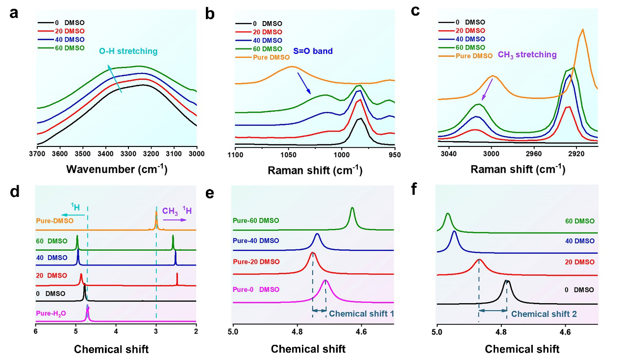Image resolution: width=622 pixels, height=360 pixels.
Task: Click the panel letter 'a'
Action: [x=14, y=13]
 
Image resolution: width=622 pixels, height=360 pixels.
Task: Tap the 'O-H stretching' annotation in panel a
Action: [x=128, y=51]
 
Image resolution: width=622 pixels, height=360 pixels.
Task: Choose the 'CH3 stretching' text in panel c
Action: [x=527, y=55]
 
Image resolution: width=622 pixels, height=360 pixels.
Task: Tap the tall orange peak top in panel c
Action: [x=582, y=29]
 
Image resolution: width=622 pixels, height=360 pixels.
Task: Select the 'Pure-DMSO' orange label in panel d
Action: [x=54, y=220]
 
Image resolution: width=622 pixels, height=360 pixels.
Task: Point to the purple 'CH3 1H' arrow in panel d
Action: [x=175, y=220]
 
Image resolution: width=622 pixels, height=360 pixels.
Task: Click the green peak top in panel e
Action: [x=352, y=208]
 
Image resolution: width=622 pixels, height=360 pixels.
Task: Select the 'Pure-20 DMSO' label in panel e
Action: [x=256, y=262]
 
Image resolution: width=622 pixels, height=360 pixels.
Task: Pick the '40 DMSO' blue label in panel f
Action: [x=579, y=241]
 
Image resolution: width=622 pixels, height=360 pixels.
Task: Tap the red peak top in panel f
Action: [x=479, y=260]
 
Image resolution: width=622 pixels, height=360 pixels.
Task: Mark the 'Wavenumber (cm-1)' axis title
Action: [x=117, y=170]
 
